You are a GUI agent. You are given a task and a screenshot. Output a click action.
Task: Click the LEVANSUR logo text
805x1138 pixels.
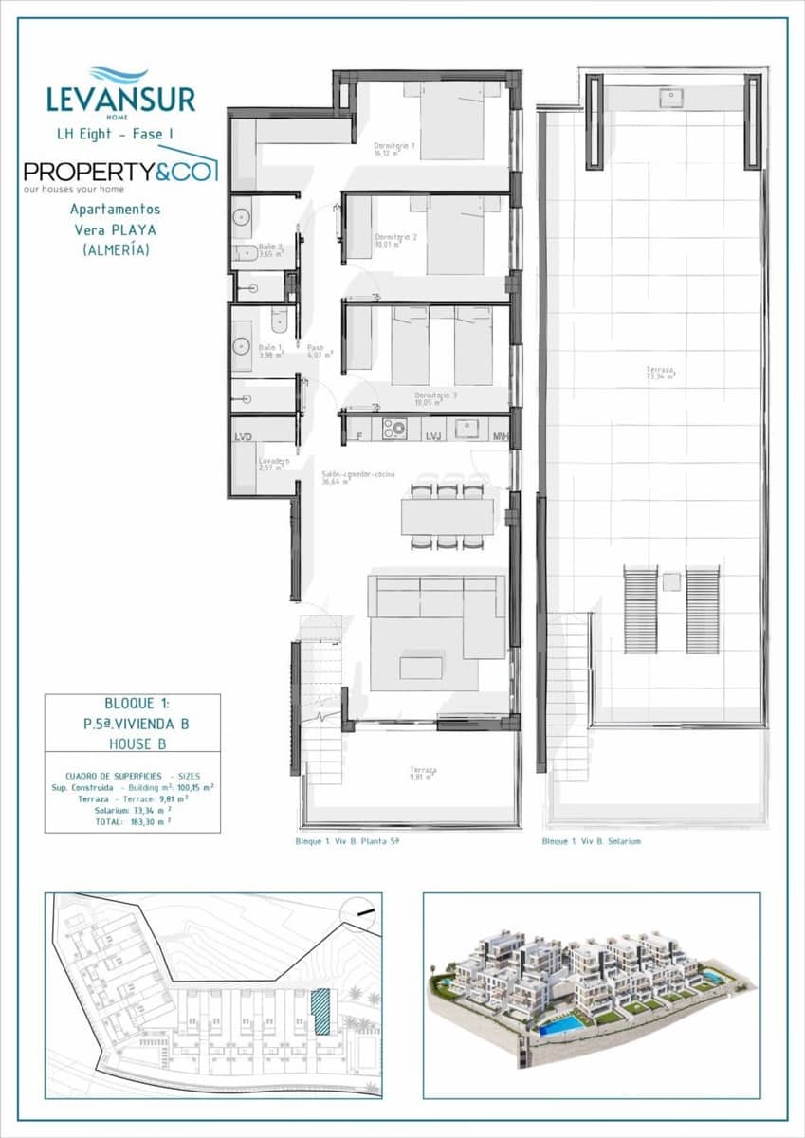click(120, 99)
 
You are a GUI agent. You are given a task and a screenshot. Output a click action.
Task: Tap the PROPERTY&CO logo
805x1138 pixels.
click(119, 172)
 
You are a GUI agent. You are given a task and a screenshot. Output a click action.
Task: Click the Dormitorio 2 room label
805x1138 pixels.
click(395, 240)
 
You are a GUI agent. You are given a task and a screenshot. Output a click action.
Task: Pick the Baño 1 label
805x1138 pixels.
click(271, 351)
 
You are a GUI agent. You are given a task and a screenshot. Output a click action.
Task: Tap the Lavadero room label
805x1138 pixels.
click(275, 464)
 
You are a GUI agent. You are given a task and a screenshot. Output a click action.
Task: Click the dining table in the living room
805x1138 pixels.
click(448, 517)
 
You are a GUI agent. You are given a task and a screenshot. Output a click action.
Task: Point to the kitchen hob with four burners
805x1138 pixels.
click(394, 430)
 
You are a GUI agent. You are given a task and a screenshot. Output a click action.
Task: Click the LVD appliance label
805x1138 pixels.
click(245, 436)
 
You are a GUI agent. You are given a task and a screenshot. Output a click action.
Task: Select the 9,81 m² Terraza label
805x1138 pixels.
click(423, 773)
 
